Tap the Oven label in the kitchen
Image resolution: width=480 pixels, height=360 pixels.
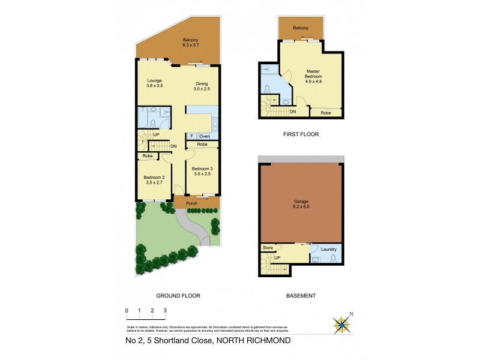click(205, 136)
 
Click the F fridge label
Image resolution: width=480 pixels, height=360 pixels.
click(191, 136)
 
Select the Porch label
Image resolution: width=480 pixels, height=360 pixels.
click(192, 203)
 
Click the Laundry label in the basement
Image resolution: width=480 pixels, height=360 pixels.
click(328, 249)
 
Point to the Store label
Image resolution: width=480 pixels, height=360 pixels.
click(268, 247)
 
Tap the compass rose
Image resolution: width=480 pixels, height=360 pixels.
click(343, 325)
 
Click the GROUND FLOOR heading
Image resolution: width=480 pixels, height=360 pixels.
click(178, 296)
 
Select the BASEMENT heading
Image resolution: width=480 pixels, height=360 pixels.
click(301, 296)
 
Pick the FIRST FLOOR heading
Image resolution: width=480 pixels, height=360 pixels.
click(301, 134)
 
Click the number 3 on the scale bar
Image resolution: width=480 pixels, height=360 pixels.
click(165, 310)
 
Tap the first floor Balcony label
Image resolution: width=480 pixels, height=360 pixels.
click(301, 28)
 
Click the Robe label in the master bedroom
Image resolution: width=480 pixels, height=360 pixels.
click(326, 112)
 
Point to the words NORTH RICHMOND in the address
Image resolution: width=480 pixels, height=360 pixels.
click(254, 340)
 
